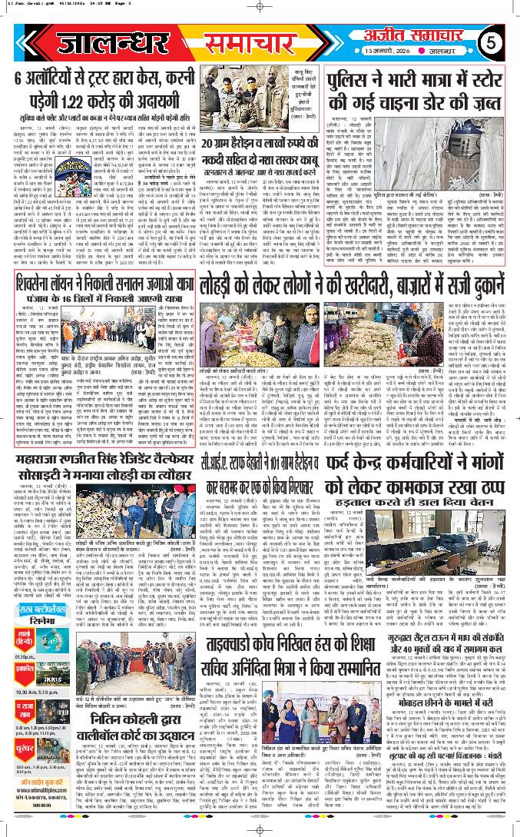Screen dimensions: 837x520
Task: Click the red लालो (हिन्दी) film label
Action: [24, 638]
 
